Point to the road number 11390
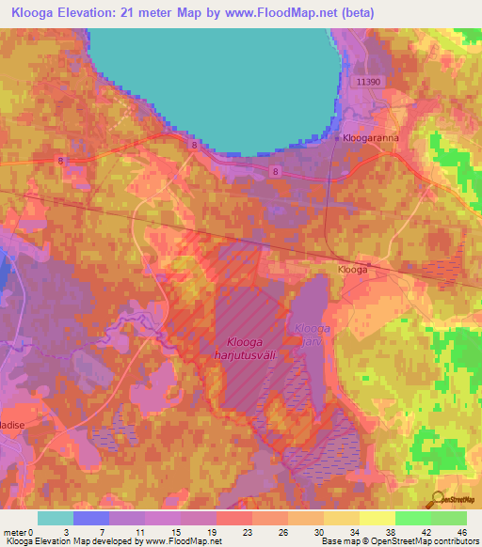369,83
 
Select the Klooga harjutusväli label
254,348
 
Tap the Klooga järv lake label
311,335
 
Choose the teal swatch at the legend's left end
56,518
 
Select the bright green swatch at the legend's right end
449,518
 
